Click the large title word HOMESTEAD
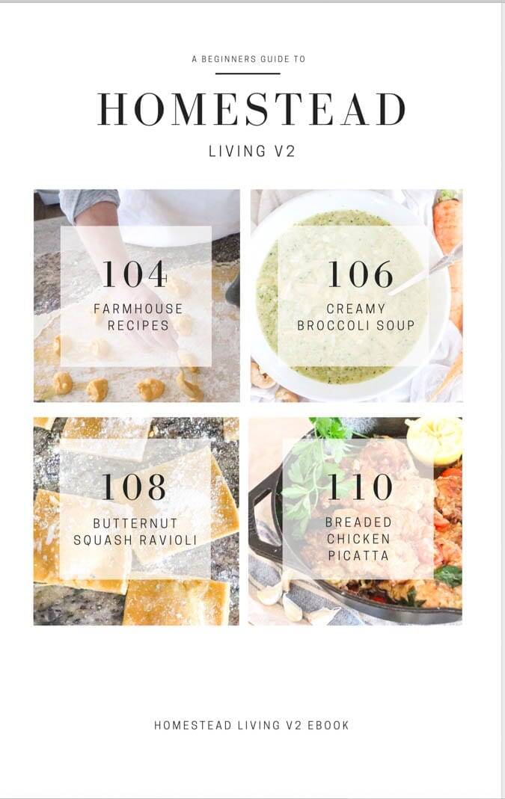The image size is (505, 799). [x=251, y=109]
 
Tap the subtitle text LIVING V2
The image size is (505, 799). [x=251, y=151]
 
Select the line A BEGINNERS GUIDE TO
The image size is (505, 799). [x=248, y=59]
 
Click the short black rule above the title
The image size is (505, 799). [x=248, y=73]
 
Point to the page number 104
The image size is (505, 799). [x=135, y=274]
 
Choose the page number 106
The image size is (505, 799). [x=360, y=274]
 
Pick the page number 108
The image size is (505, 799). [x=135, y=487]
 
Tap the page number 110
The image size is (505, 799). [x=360, y=487]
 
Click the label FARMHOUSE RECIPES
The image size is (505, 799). [x=138, y=317]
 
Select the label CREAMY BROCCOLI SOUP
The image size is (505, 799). [x=356, y=317]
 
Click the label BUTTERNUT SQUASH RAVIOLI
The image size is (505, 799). [x=135, y=531]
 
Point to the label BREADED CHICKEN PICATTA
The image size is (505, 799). [x=359, y=539]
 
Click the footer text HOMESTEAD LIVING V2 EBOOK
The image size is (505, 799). [x=251, y=725]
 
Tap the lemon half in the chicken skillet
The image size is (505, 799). [x=435, y=439]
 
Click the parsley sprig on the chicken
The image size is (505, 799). [x=314, y=463]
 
